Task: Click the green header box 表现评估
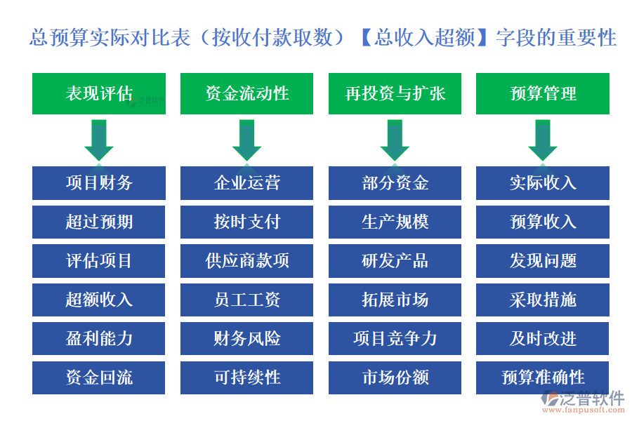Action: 99,94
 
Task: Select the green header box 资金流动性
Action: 246,94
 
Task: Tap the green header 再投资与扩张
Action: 395,94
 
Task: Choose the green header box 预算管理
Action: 543,94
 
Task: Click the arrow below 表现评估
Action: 99,140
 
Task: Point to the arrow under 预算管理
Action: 543,140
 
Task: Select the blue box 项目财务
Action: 99,183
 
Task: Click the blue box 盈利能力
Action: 99,338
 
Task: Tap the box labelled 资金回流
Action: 99,377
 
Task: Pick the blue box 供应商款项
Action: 246,261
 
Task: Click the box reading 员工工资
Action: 246,300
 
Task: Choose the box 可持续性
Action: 246,377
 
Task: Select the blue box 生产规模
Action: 395,222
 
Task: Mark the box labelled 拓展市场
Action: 395,300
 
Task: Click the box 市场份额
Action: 395,377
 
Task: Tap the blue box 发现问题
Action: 543,261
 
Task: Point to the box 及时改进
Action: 543,338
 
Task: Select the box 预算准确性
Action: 543,377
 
